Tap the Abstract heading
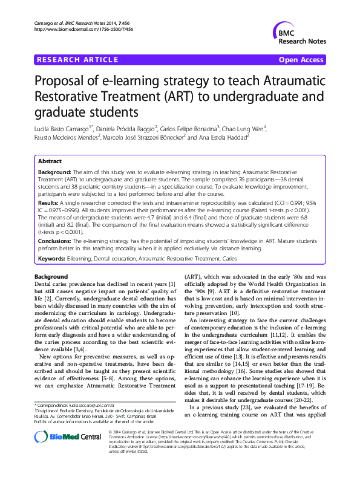click(x=50, y=162)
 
